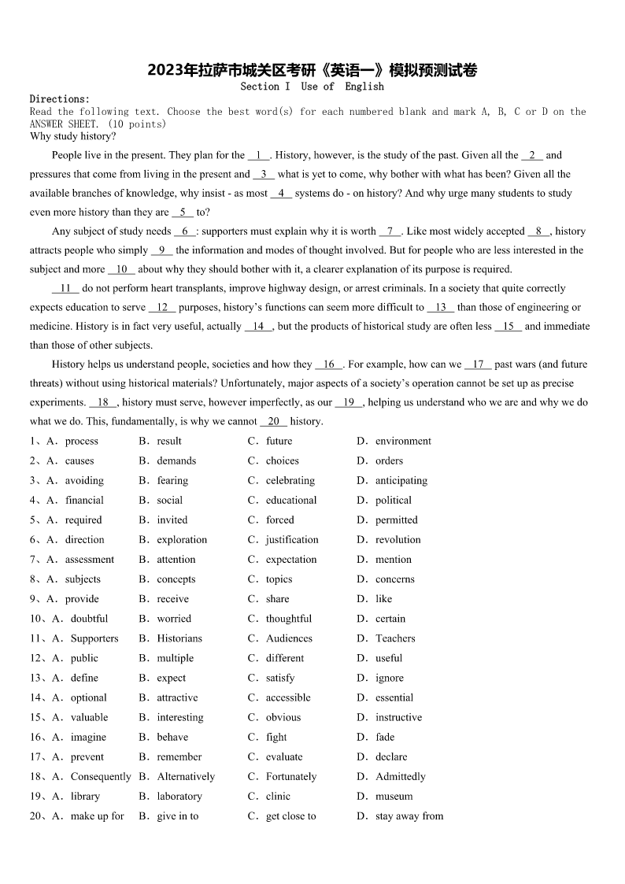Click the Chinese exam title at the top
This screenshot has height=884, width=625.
(x=312, y=71)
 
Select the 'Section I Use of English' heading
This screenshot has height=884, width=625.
(x=312, y=87)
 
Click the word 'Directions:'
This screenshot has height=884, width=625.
(x=60, y=99)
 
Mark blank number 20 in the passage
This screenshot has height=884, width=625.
(x=273, y=422)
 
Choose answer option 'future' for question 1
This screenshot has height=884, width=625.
(x=279, y=442)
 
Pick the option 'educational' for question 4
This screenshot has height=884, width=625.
(x=291, y=501)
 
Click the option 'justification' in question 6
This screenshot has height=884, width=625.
(x=292, y=540)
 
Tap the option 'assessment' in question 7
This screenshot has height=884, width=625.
(x=89, y=560)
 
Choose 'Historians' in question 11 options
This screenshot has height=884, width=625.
(x=179, y=638)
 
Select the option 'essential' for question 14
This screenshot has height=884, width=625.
(x=394, y=697)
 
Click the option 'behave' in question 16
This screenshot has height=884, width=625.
(x=172, y=738)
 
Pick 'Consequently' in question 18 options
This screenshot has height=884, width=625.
(x=101, y=777)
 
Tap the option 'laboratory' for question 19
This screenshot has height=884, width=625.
(x=179, y=797)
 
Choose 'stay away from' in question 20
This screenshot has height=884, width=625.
(x=409, y=816)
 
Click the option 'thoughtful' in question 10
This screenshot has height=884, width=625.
(x=289, y=619)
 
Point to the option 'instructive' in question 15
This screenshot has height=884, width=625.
(x=398, y=718)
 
